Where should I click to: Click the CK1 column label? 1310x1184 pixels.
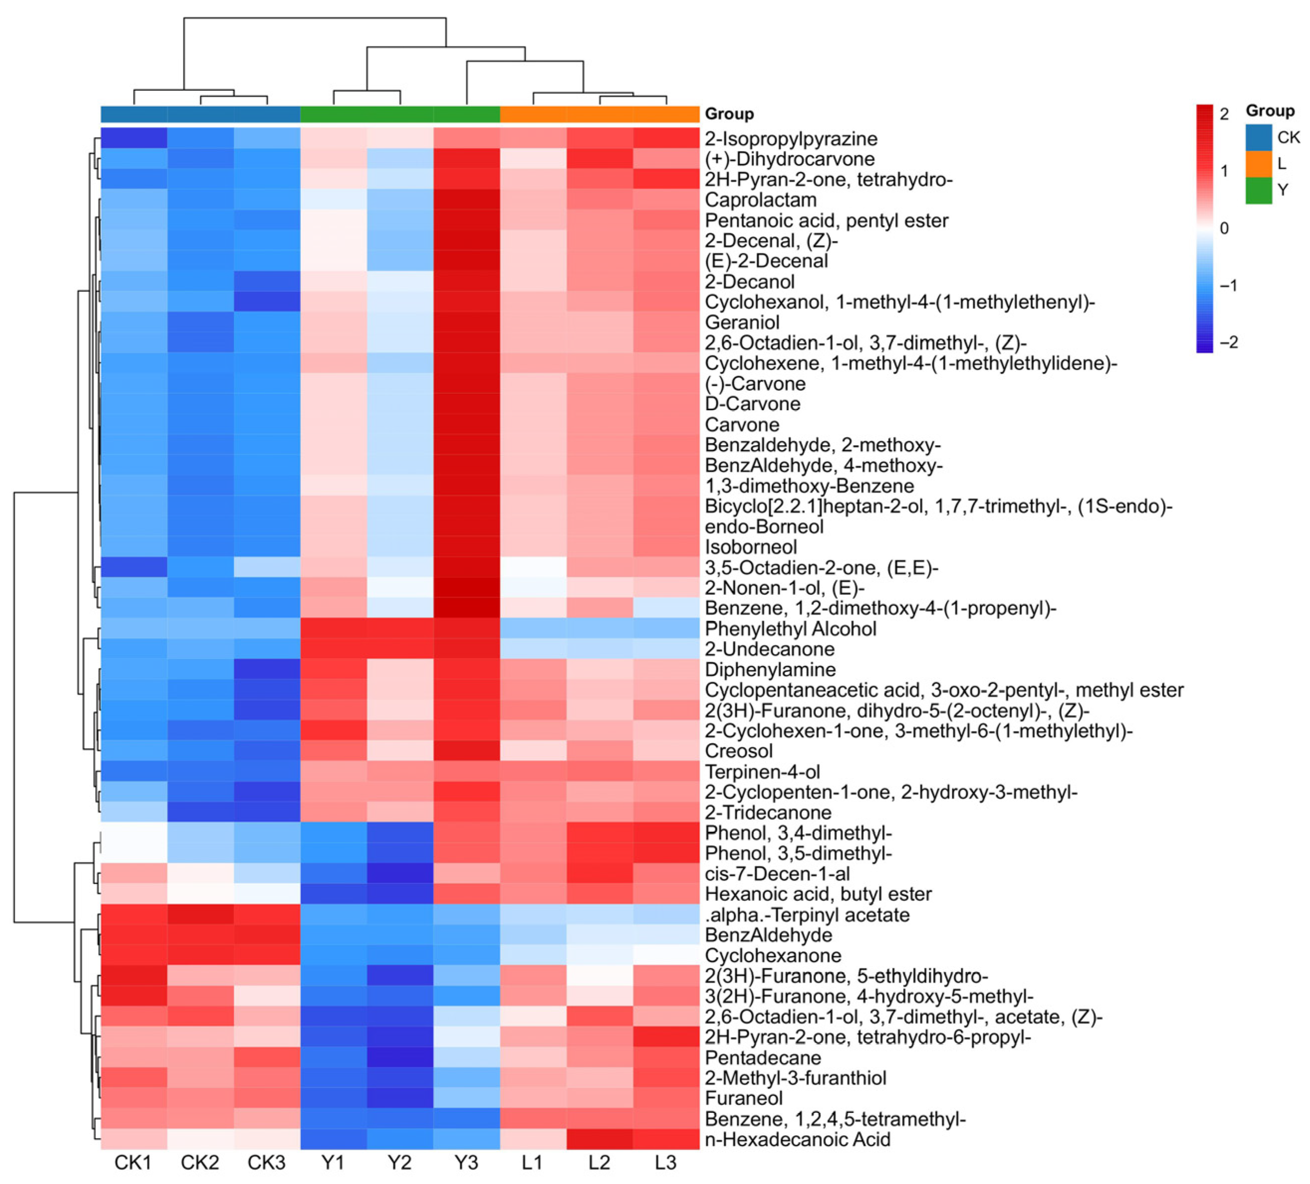133,1162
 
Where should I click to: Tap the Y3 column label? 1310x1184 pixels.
466,1162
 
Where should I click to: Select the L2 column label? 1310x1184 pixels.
599,1162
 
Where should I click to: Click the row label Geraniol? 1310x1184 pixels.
742,323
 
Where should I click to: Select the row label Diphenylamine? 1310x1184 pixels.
770,669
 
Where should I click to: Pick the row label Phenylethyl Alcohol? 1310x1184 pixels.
790,629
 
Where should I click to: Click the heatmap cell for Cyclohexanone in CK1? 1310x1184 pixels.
134,955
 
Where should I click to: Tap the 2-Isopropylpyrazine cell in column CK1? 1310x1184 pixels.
134,139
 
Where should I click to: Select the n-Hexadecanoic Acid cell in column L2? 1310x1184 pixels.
599,1139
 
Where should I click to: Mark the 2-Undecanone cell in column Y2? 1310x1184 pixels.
399,649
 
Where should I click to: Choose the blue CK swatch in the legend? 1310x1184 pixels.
1258,137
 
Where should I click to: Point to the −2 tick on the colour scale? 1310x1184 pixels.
1228,342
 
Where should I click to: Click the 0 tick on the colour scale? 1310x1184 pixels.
1224,228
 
